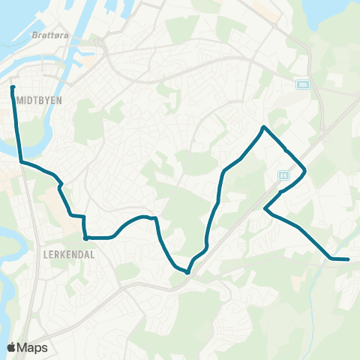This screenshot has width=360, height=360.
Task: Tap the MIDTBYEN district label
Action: [37, 99]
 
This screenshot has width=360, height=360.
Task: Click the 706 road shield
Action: [301, 85]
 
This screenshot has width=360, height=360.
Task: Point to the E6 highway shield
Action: [283, 175]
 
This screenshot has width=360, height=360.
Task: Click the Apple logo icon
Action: [11, 347]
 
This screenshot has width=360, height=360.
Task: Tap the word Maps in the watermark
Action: [33, 347]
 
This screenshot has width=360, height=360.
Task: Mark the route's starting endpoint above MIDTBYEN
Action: [13, 88]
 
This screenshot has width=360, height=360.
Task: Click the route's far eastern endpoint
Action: [349, 259]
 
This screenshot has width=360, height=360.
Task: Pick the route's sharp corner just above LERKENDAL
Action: [85, 238]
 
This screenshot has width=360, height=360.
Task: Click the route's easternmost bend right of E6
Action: [305, 172]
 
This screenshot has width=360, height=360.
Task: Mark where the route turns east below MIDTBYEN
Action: [20, 161]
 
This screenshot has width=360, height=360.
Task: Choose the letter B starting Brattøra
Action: [34, 34]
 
